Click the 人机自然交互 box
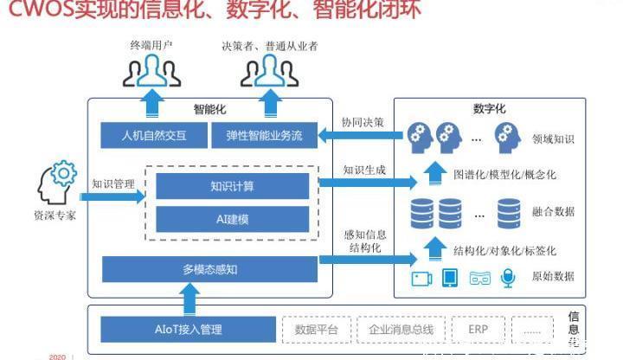[154, 136]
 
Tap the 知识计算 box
[232, 186]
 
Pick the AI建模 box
[232, 219]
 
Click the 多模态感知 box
[209, 269]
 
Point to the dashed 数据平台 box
[317, 329]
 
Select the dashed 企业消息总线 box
[401, 329]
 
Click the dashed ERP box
[478, 329]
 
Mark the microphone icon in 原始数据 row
[508, 278]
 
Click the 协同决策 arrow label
[363, 122]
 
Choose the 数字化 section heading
[490, 109]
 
